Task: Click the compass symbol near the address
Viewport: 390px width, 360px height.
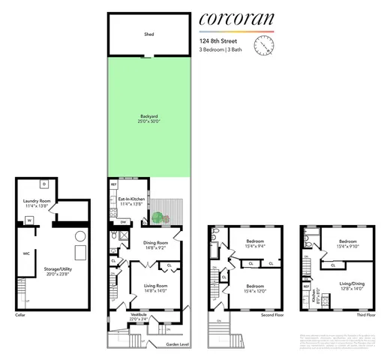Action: tap(264, 47)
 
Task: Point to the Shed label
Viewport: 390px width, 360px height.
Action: tap(148, 34)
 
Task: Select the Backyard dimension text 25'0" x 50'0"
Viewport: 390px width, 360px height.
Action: tap(148, 121)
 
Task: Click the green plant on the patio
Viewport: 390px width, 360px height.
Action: tap(157, 219)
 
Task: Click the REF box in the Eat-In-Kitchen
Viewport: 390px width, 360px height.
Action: tap(114, 184)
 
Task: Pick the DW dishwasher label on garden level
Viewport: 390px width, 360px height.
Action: tap(123, 222)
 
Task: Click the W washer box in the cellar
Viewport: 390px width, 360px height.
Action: tap(29, 220)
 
